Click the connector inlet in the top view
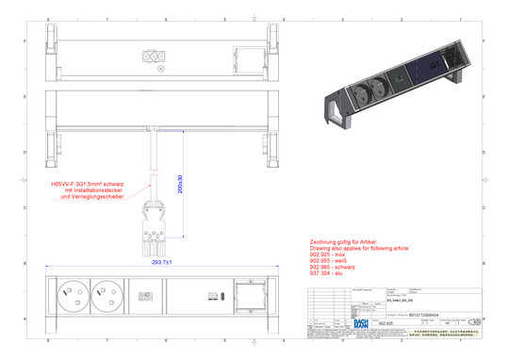click(x=153, y=56)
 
